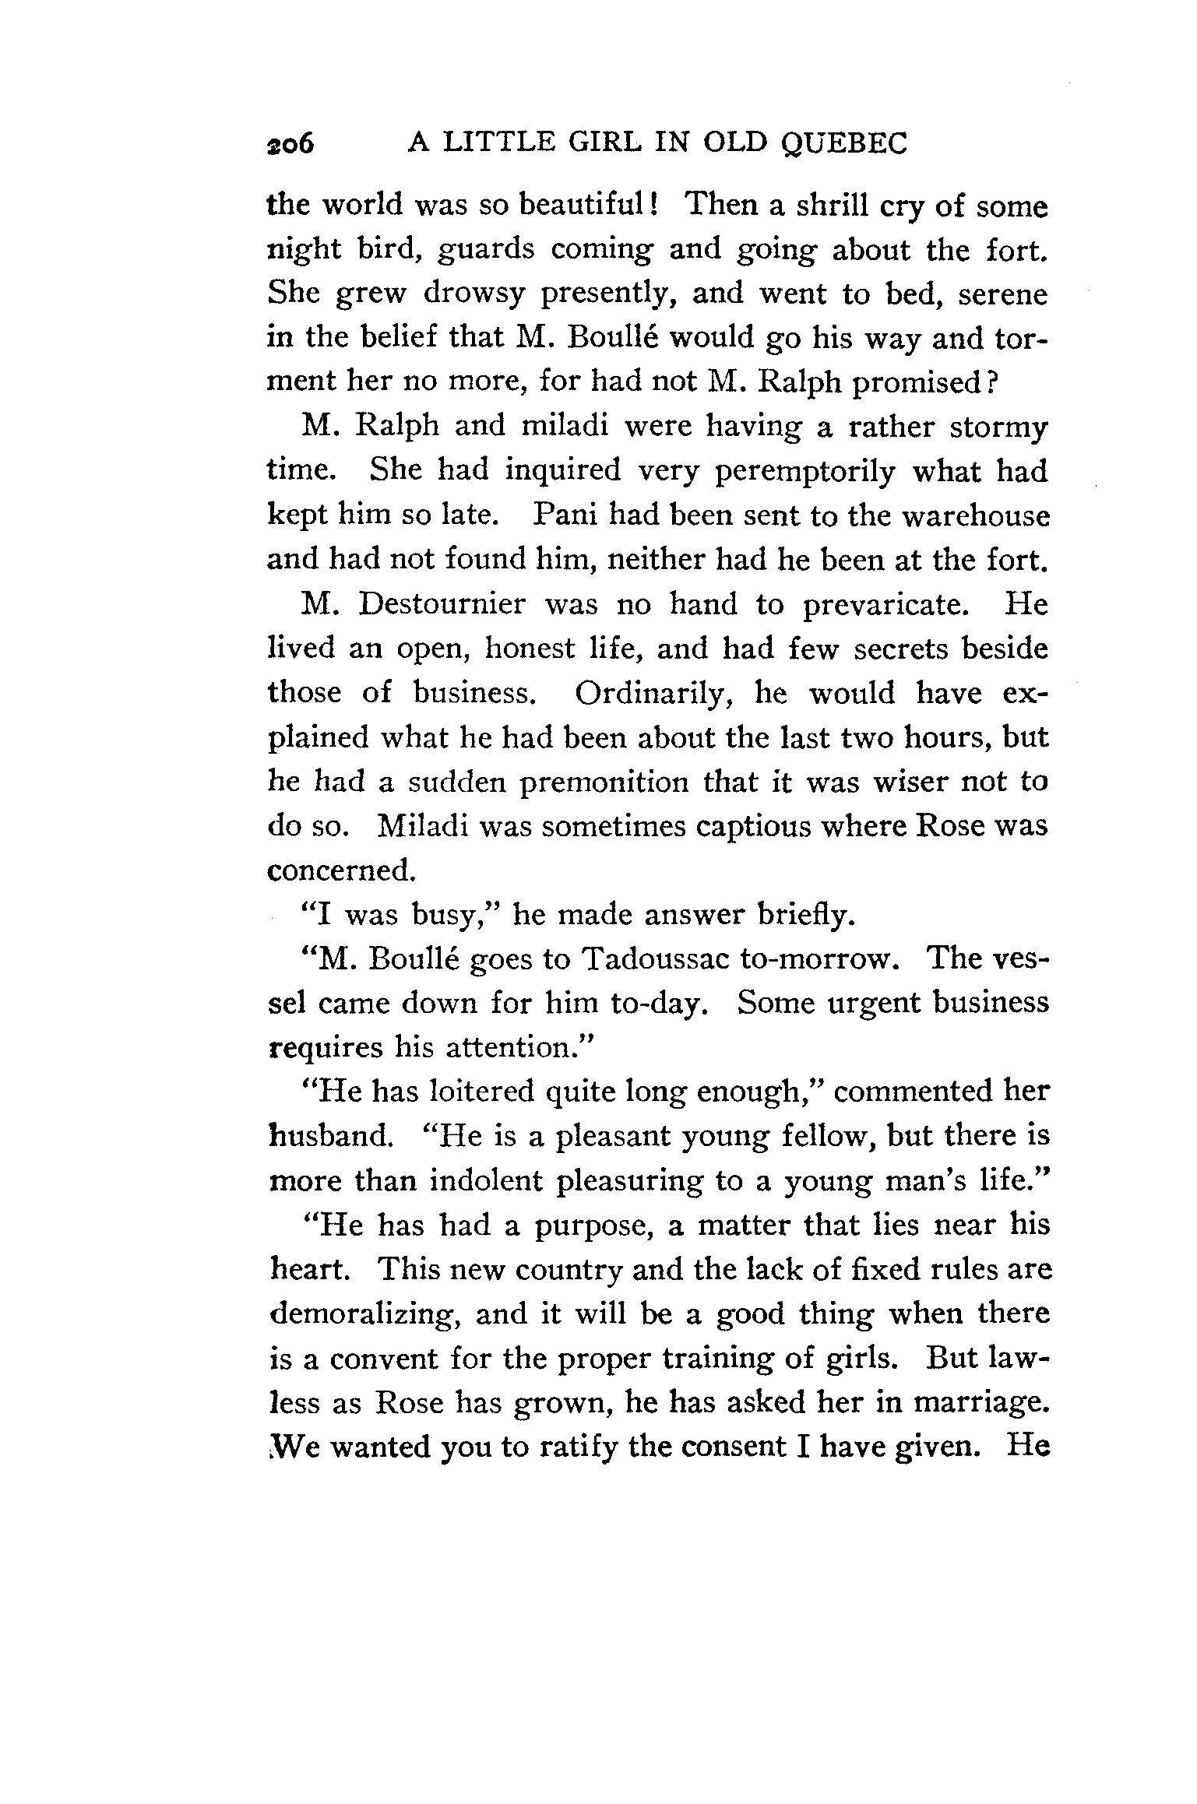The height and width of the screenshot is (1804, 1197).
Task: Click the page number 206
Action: coord(289,144)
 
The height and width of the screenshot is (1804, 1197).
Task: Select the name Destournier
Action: coord(442,605)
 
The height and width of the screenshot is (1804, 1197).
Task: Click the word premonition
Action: coord(604,782)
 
